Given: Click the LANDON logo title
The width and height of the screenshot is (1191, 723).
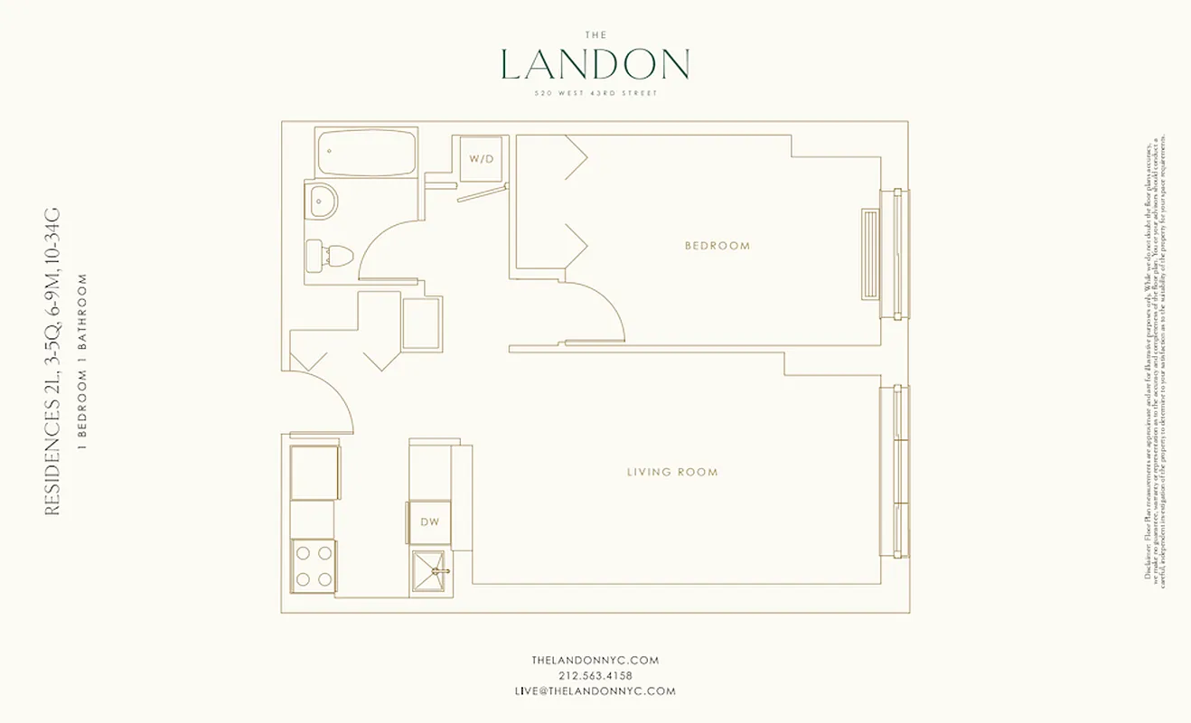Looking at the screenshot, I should [595, 64].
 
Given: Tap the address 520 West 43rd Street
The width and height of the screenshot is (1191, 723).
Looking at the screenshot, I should [595, 93].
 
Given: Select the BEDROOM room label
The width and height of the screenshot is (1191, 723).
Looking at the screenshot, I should [717, 246].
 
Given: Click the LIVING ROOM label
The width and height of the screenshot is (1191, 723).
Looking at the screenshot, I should [672, 472].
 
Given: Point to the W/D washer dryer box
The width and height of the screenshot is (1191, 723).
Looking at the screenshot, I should [481, 159].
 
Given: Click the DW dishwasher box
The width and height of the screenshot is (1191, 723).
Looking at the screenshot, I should [429, 521].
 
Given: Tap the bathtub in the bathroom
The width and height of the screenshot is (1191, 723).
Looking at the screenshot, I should [367, 153].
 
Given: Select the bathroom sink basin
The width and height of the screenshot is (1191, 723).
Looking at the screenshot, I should [322, 201].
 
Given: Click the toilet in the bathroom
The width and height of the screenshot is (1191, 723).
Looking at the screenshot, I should [327, 255].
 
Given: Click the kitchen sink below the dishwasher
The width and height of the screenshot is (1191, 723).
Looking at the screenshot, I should [430, 571].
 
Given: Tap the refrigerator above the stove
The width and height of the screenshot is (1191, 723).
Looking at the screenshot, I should [314, 472].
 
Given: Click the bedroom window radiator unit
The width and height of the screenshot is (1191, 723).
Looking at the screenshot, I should [870, 253].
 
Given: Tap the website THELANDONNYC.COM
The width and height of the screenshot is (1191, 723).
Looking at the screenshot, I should [595, 661].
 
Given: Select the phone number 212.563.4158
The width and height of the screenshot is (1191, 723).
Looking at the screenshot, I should [595, 676].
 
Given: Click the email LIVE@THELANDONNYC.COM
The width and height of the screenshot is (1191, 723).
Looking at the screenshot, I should [595, 691].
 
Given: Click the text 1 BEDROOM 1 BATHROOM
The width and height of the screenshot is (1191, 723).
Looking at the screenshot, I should [83, 361].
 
